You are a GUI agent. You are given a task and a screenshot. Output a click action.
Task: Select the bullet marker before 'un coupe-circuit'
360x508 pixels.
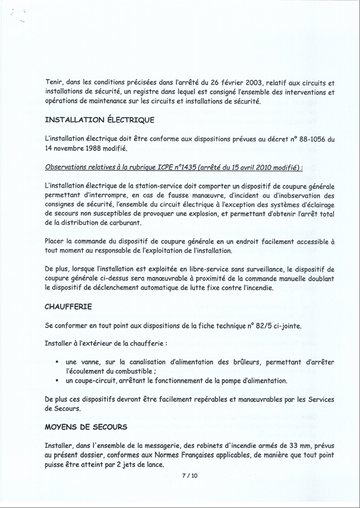coord(56,381)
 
